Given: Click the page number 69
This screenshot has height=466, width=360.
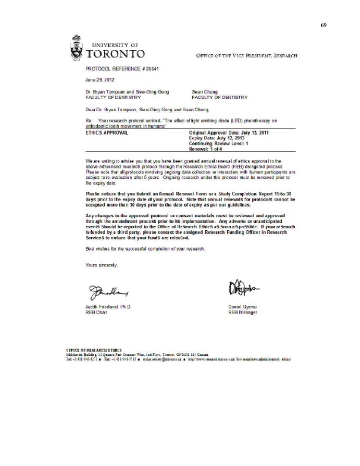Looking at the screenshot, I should point(323,26).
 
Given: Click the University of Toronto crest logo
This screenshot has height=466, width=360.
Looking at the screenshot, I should point(76,48).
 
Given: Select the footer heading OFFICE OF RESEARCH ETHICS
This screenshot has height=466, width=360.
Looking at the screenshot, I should point(90,350).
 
